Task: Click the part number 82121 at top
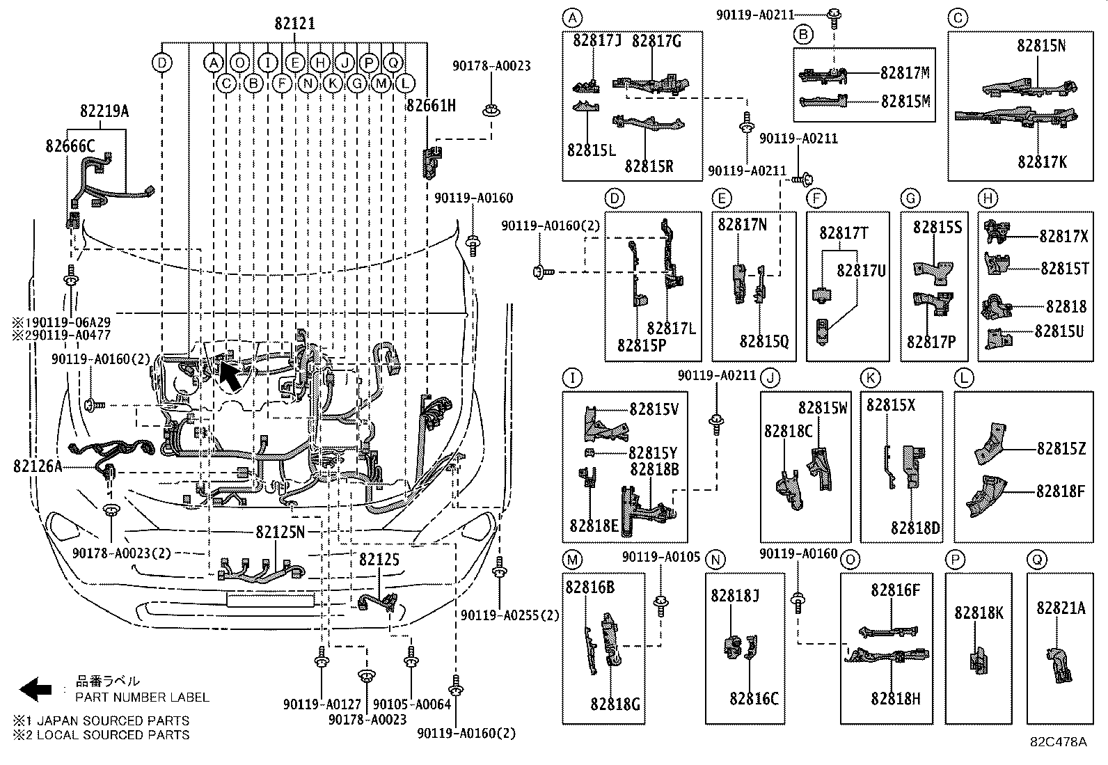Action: coord(294,24)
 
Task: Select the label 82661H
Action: coord(432,106)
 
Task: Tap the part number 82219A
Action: coord(104,111)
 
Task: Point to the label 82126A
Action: coord(38,466)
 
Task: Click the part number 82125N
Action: coord(280,533)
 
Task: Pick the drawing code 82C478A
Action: coord(1059,742)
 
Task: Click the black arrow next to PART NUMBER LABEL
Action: coord(35,689)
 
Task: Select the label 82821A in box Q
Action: coord(1061,608)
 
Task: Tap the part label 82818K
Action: coord(979,613)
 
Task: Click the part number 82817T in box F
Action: coord(844,233)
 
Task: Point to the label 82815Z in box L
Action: coord(1061,449)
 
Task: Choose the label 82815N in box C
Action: coord(1041,46)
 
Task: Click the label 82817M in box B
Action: coord(905,73)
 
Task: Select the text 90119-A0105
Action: coord(661,558)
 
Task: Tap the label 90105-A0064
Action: coord(412,704)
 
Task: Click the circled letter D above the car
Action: coord(161,63)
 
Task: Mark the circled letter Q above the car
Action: coord(393,63)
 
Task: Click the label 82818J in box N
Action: coord(735,595)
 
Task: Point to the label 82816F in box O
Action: coord(896,591)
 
